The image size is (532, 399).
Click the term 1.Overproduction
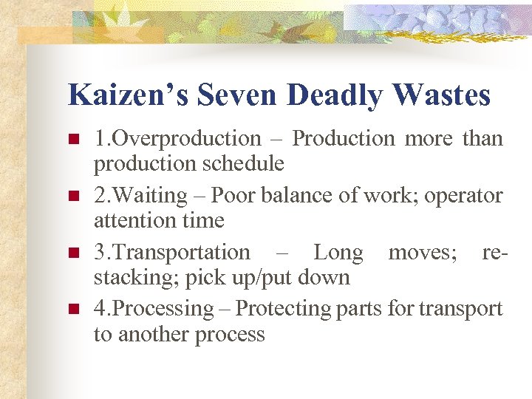pyautogui.click(x=177, y=139)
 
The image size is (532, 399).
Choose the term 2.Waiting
pyautogui.click(x=140, y=196)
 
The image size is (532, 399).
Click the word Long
pyautogui.click(x=338, y=253)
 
